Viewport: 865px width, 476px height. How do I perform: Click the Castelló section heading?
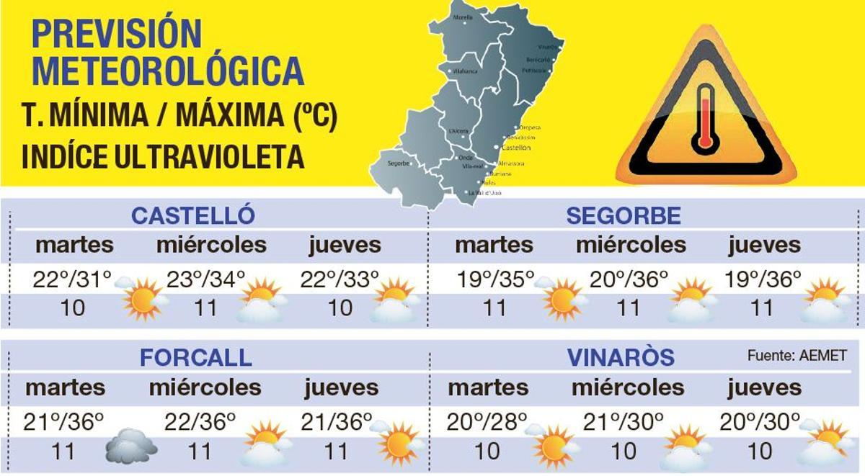[x=193, y=215]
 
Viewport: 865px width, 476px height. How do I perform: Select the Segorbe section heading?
[x=623, y=215]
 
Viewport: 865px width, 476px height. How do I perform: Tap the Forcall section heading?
[x=195, y=357]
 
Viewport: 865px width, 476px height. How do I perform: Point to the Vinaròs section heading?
[x=621, y=357]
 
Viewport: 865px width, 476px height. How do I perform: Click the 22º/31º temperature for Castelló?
[x=72, y=279]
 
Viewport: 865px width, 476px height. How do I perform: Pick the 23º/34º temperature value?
[x=206, y=279]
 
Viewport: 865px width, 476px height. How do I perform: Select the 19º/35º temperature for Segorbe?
[x=494, y=279]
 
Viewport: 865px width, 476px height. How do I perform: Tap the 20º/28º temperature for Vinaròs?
[x=487, y=421]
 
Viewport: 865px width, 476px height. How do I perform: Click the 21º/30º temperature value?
[x=624, y=421]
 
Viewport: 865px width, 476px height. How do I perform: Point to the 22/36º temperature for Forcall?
[x=200, y=421]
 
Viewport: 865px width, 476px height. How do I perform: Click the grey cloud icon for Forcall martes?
[x=131, y=446]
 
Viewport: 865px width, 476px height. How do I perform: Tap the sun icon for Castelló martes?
[x=143, y=299]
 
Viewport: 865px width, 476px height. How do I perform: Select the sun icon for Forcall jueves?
[x=399, y=442]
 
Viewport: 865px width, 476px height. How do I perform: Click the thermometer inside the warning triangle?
[x=704, y=118]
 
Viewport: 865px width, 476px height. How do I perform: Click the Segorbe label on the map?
[x=398, y=163]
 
